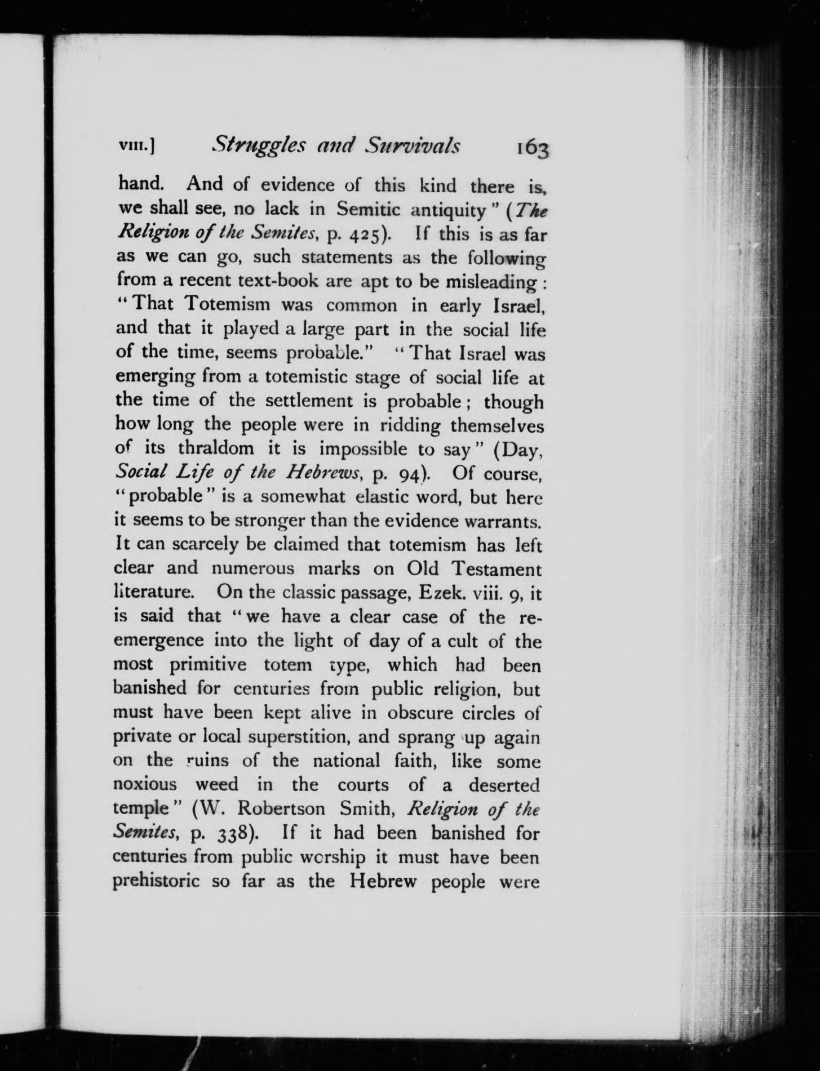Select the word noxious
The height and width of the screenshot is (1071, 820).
coord(145,784)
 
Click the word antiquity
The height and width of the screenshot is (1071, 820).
coord(449,210)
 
